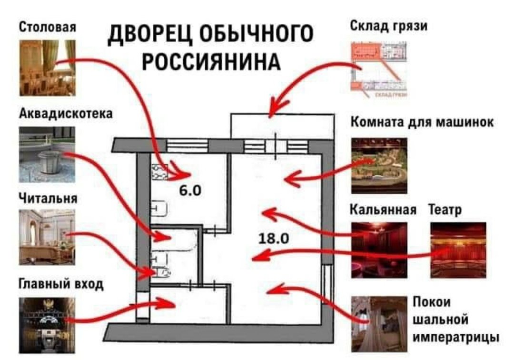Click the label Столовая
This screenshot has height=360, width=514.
pyautogui.click(x=48, y=27)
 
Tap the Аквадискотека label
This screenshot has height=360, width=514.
pyautogui.click(x=66, y=113)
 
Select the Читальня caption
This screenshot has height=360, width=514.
pyautogui.click(x=48, y=199)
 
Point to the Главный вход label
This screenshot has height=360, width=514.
pyautogui.click(x=61, y=284)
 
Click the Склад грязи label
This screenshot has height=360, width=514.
pyautogui.click(x=389, y=26)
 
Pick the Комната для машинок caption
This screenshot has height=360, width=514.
pyautogui.click(x=422, y=122)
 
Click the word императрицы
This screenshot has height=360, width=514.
pyautogui.click(x=455, y=337)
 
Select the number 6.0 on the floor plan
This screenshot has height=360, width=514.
pyautogui.click(x=190, y=190)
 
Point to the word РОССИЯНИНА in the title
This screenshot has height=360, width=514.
pyautogui.click(x=211, y=61)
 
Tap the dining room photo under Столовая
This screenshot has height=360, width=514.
pyautogui.click(x=48, y=68)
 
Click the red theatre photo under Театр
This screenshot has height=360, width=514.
pyautogui.click(x=458, y=250)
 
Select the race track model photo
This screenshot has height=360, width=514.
pyautogui.click(x=379, y=166)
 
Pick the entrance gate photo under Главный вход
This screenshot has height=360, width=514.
pyautogui.click(x=47, y=325)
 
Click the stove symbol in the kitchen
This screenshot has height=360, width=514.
pyautogui.click(x=159, y=172)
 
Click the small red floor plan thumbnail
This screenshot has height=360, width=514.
pyautogui.click(x=379, y=70)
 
